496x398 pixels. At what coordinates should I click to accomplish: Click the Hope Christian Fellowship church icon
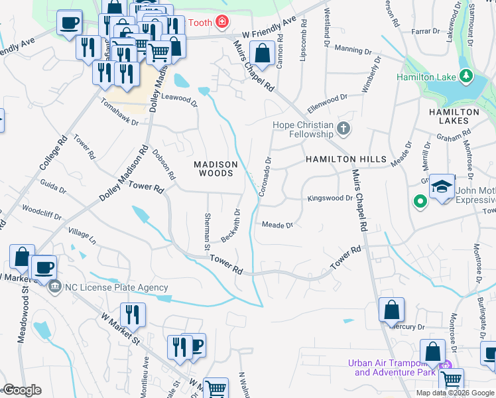pos(343,128)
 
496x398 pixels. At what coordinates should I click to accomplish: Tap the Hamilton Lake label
pos(426,77)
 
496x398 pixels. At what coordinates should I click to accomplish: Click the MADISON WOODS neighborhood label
pos(214,168)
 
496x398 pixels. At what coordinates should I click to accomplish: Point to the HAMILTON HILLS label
pos(345,160)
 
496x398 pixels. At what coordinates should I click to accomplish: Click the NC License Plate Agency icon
pos(54,288)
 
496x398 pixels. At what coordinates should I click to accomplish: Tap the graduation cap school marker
pos(442,187)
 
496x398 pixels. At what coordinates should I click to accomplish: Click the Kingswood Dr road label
pos(330,198)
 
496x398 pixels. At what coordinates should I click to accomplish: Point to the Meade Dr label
pos(277,225)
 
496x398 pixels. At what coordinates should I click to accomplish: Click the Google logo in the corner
pos(22,390)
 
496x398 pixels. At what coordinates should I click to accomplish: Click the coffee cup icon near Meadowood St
pos(44,267)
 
